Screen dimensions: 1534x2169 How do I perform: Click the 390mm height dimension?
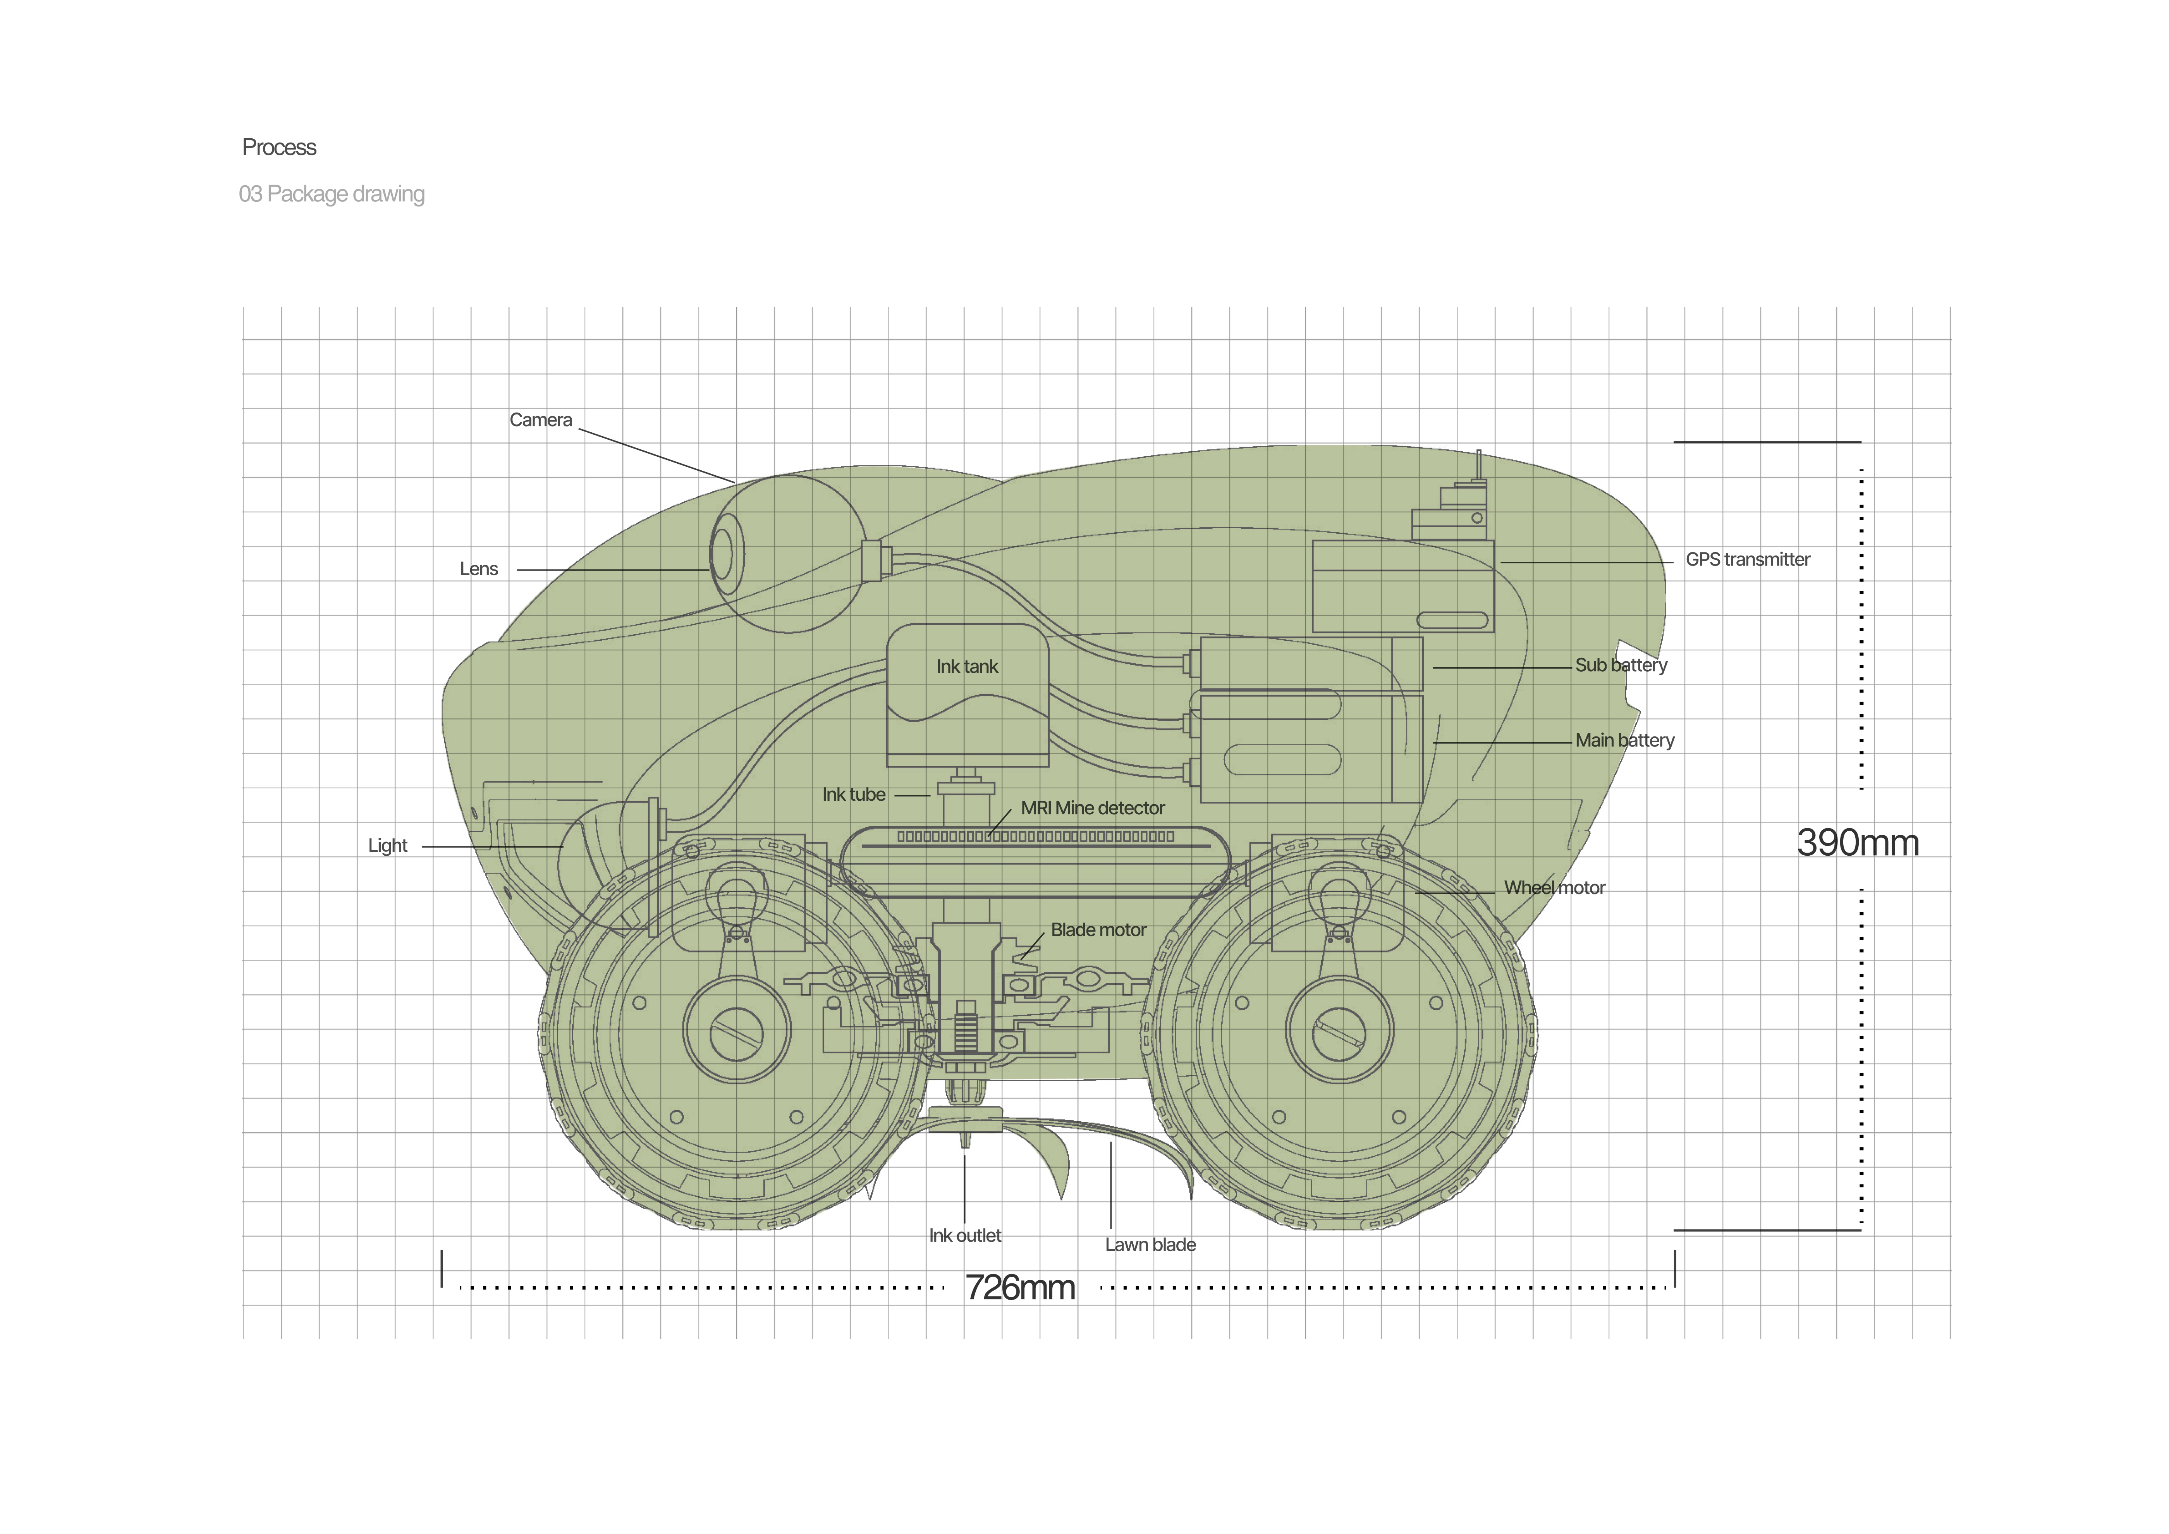(x=1857, y=843)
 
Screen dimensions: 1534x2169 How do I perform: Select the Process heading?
(x=279, y=147)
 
